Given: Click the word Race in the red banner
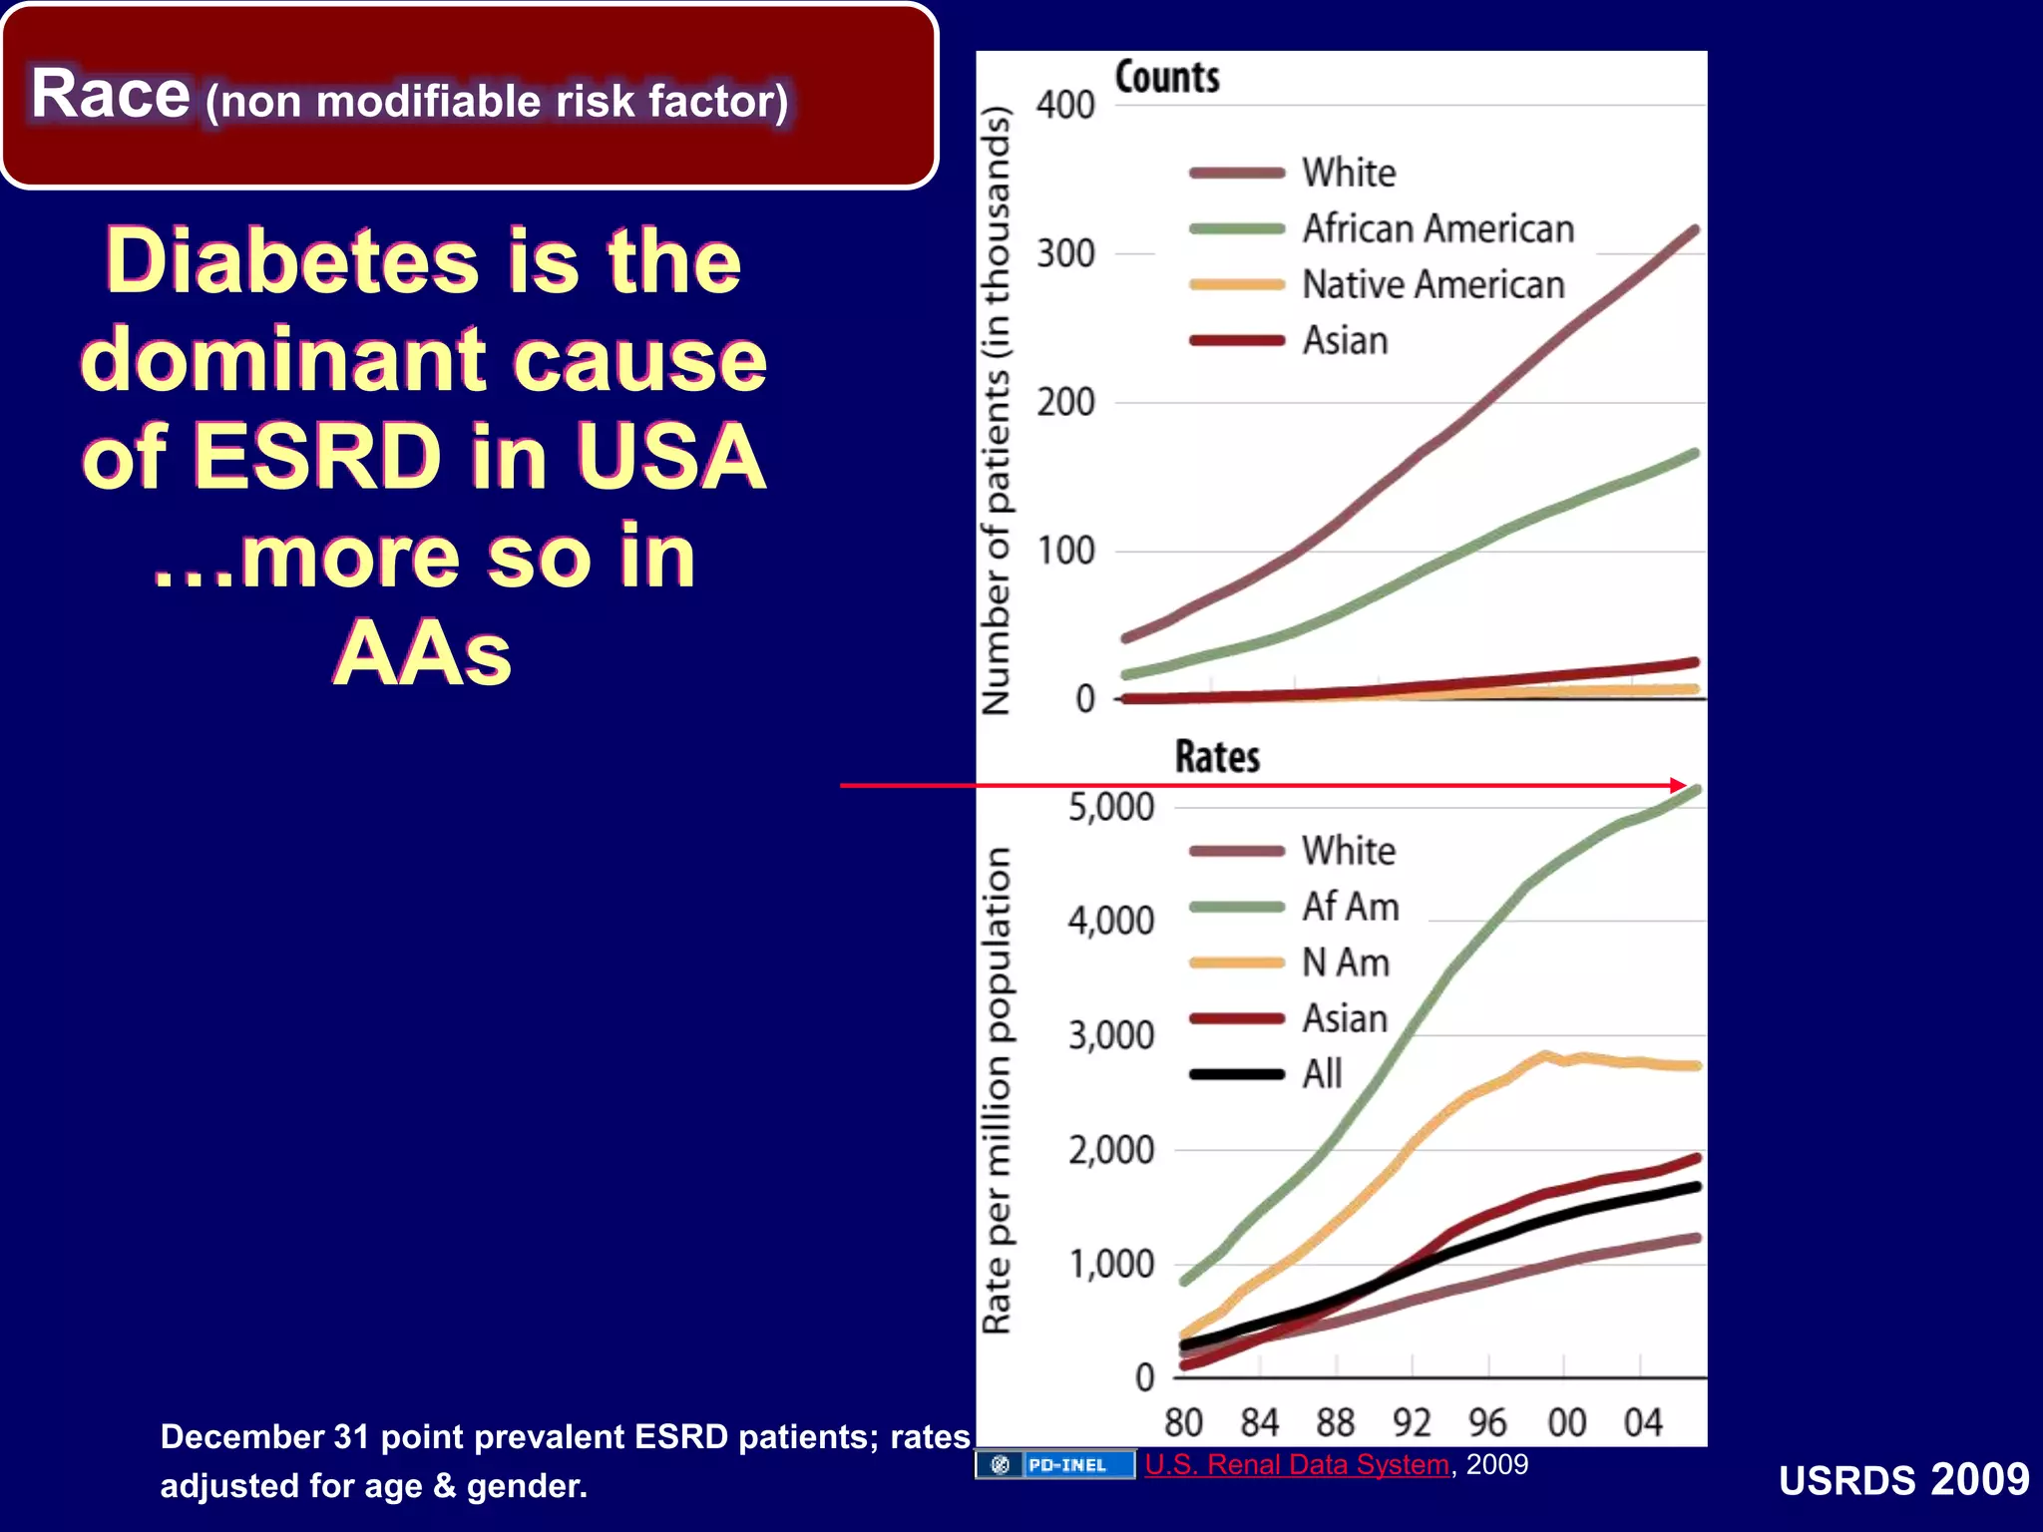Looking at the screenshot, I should (110, 95).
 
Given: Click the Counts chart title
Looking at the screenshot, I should (1167, 78).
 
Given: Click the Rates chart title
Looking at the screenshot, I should (1217, 757).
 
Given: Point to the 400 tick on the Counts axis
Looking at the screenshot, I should (1065, 106).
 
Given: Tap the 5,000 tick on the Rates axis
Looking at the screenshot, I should (1110, 807).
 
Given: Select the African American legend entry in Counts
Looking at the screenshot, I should (1437, 229).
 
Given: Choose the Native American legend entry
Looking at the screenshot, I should (1432, 285).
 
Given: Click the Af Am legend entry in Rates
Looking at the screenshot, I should (1350, 908).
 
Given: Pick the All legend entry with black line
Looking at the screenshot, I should (1322, 1074).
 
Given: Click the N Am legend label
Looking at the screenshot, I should (1346, 963).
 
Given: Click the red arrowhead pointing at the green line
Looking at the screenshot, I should (1680, 786).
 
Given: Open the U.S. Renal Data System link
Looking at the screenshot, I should (1296, 1464).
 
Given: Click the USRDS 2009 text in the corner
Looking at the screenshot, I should (1903, 1480).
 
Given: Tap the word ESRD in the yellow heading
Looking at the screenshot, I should (317, 457).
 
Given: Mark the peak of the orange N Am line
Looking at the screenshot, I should (1544, 1054).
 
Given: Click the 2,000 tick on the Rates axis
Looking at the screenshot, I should (1110, 1150).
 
